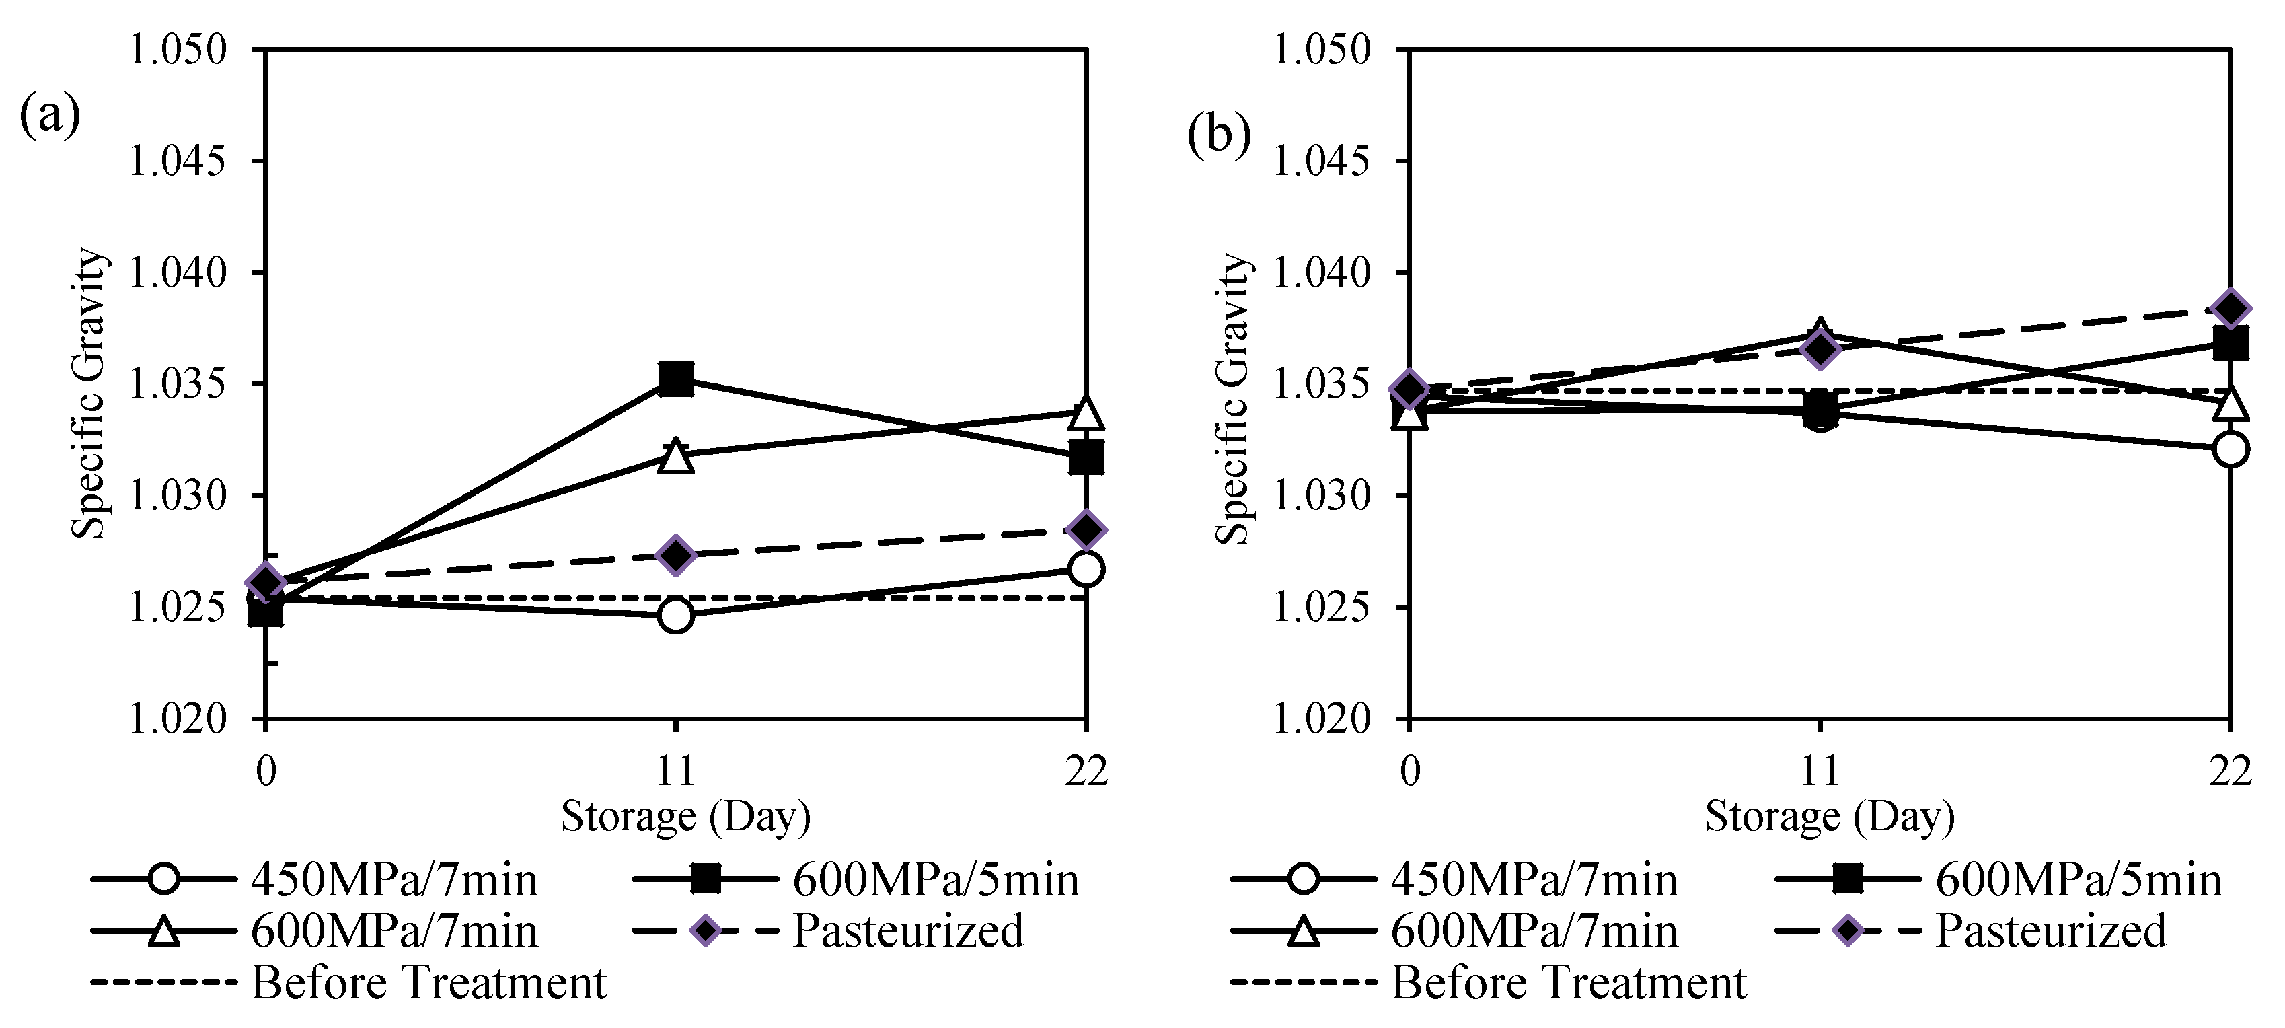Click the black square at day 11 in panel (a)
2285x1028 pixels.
pyautogui.click(x=676, y=379)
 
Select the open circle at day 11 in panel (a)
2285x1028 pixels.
pyautogui.click(x=676, y=615)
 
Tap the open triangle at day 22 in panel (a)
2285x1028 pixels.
pyautogui.click(x=1086, y=413)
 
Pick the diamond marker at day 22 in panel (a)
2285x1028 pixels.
pyautogui.click(x=1086, y=529)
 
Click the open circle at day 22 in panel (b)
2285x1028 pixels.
pyautogui.click(x=2230, y=449)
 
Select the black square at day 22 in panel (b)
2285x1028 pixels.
pyautogui.click(x=2230, y=342)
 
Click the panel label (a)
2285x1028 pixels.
pyautogui.click(x=49, y=115)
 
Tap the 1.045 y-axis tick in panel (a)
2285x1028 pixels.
pyautogui.click(x=178, y=161)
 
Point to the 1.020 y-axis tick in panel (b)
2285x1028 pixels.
pyautogui.click(x=1322, y=719)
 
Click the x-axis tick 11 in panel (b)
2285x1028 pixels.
pyautogui.click(x=1820, y=772)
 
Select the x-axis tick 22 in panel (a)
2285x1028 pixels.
pyautogui.click(x=1086, y=772)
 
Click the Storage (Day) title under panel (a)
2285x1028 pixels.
pyautogui.click(x=685, y=817)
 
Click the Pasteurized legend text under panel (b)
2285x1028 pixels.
pyautogui.click(x=2051, y=931)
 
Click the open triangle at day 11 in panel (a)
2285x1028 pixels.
pyautogui.click(x=676, y=457)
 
